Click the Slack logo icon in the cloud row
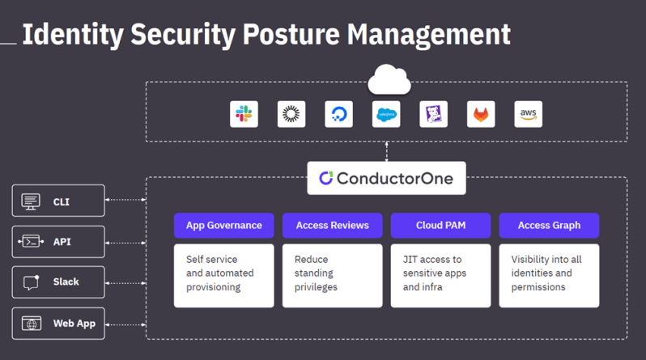pyautogui.click(x=244, y=114)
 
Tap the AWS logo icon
pyautogui.click(x=529, y=114)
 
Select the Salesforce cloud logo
pyautogui.click(x=386, y=114)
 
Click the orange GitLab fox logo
pyautogui.click(x=481, y=114)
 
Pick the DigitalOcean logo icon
pyautogui.click(x=338, y=114)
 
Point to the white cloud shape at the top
pyautogui.click(x=389, y=79)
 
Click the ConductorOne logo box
pyautogui.click(x=386, y=178)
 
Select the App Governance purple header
pyautogui.click(x=223, y=225)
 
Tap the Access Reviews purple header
pyautogui.click(x=332, y=225)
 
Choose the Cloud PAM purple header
pyautogui.click(x=440, y=225)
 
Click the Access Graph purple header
pyautogui.click(x=549, y=225)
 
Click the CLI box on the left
pyautogui.click(x=58, y=201)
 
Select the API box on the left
pyautogui.click(x=58, y=241)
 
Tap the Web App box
pyautogui.click(x=58, y=324)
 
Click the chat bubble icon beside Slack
pyautogui.click(x=32, y=282)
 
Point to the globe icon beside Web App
pyautogui.click(x=32, y=324)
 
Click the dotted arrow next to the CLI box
pyautogui.click(x=125, y=200)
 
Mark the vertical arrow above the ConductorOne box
pyautogui.click(x=386, y=151)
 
